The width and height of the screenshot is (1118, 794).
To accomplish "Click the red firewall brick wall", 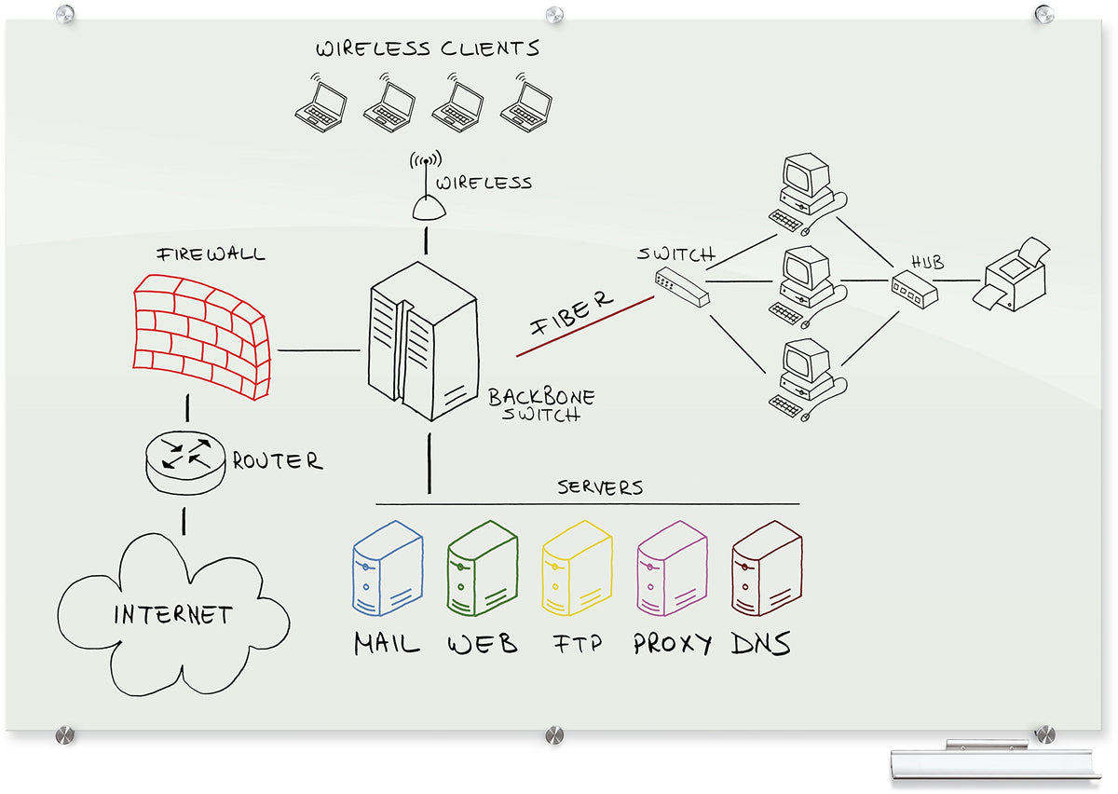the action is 201,336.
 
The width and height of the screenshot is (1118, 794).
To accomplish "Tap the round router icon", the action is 185,462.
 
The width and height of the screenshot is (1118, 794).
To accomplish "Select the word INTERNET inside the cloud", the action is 172,615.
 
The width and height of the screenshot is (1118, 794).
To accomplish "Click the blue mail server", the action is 388,568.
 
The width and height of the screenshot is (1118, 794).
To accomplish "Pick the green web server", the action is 483,568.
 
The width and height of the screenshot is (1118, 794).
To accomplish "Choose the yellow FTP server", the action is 577,568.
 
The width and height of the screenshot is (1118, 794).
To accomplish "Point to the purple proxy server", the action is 672,568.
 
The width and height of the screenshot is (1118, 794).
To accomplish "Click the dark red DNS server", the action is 767,568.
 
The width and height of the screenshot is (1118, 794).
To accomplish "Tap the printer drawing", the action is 1012,274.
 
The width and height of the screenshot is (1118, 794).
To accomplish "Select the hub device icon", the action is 914,289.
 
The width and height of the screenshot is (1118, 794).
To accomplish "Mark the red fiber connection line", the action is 585,326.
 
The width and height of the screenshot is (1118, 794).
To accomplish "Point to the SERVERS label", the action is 600,487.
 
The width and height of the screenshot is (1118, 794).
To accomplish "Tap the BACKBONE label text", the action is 541,396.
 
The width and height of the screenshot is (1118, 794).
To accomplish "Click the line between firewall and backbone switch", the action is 319,350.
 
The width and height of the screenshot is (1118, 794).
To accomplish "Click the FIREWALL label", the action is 211,254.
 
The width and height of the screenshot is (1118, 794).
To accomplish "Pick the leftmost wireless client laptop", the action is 320,103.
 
